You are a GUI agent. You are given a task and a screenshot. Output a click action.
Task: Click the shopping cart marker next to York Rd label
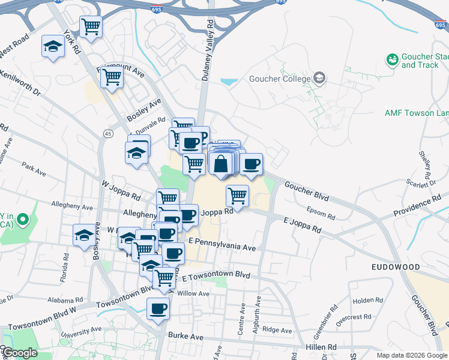click(x=91, y=26)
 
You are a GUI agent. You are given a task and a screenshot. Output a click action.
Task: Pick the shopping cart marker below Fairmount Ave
click(x=112, y=77)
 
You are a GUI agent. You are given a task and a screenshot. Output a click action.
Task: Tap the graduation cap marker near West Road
click(x=53, y=46)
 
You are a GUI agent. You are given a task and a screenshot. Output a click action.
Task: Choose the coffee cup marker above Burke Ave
click(x=158, y=309)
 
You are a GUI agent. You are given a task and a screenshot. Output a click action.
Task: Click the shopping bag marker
click(x=221, y=163)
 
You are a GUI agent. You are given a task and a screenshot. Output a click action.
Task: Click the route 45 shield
click(x=108, y=133)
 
